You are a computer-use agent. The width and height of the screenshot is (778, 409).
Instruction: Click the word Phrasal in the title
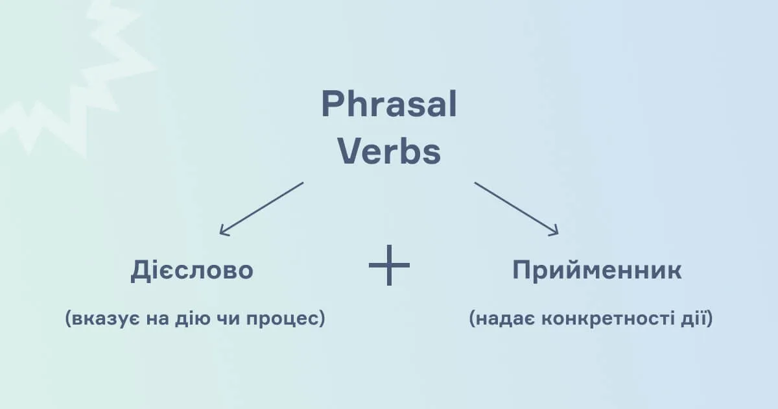coord(389,105)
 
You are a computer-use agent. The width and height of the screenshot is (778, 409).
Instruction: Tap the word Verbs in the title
coord(389,153)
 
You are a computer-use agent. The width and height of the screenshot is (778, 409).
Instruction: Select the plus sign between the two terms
coord(390,266)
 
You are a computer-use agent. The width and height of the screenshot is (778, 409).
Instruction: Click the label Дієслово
coord(192,270)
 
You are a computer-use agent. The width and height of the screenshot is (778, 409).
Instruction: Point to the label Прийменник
coord(596,270)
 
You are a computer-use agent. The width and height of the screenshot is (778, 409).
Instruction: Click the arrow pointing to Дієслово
coord(261,208)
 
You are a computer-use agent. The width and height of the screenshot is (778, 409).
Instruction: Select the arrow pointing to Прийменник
coord(516,208)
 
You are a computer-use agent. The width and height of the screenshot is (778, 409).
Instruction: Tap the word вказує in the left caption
coord(104,319)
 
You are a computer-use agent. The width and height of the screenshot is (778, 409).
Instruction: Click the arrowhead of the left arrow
coord(223,230)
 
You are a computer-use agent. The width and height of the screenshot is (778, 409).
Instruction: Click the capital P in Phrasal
coord(332,105)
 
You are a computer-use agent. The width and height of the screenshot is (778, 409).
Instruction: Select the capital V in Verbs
coord(350,153)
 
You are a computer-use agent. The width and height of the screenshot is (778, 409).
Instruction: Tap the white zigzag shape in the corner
coord(71,84)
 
